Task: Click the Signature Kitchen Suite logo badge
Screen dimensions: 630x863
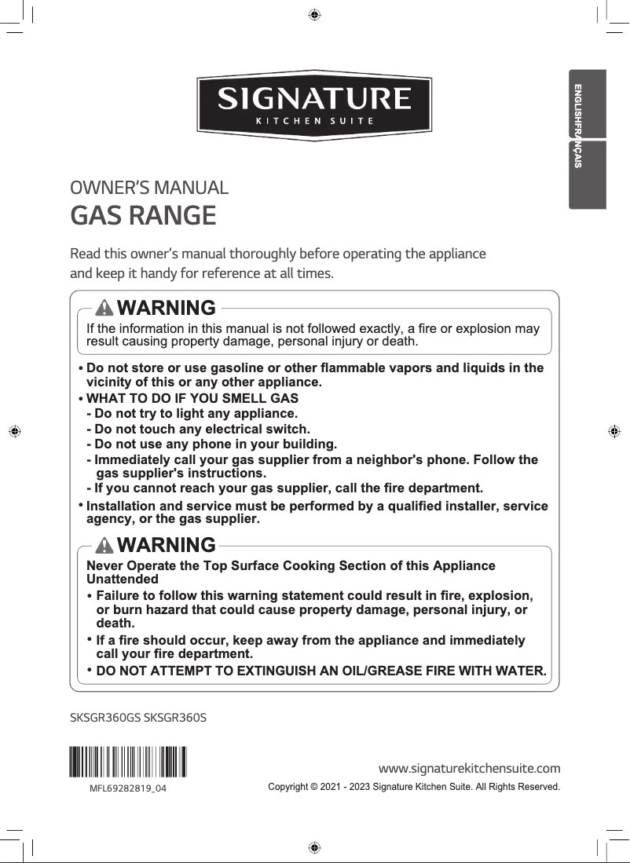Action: [314, 104]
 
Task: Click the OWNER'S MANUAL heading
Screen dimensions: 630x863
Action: [149, 188]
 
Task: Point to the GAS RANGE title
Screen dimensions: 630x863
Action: [143, 214]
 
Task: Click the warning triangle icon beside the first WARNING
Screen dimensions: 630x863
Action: [104, 307]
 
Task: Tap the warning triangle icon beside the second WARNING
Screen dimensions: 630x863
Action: [104, 544]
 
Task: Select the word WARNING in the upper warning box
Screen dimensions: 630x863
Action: [166, 307]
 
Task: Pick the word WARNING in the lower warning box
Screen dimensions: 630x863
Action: [166, 544]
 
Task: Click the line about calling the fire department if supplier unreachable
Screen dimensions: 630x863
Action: [284, 488]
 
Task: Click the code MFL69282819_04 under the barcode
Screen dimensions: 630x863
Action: [127, 787]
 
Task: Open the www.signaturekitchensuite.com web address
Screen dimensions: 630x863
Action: [469, 767]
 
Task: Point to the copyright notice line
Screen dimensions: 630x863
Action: [414, 786]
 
